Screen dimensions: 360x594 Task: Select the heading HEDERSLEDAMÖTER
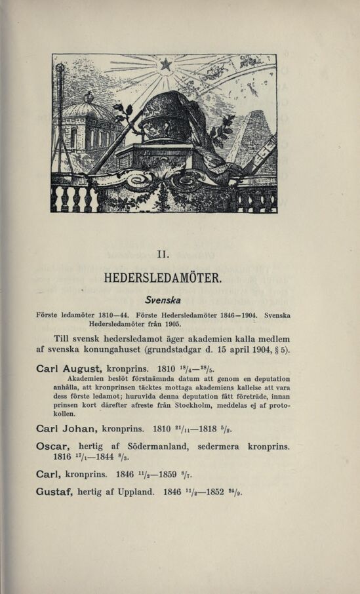click(165, 277)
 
